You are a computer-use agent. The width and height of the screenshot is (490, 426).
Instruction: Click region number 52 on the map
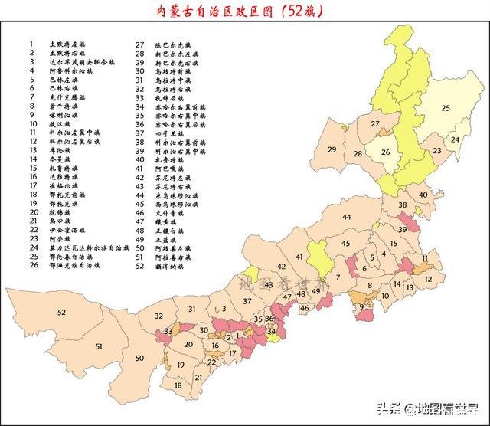pyautogui.click(x=61, y=313)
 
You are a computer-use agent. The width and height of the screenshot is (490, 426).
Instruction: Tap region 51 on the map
pyautogui.click(x=99, y=347)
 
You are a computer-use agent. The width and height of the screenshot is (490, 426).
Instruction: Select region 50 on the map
pyautogui.click(x=139, y=359)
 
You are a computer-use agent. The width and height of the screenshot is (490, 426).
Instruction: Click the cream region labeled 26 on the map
pyautogui.click(x=386, y=152)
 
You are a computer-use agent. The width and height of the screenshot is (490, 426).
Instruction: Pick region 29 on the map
pyautogui.click(x=332, y=149)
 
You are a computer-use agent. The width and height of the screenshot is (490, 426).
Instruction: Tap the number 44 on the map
pyautogui.click(x=347, y=218)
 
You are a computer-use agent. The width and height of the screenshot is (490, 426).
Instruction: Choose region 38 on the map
pyautogui.click(x=402, y=205)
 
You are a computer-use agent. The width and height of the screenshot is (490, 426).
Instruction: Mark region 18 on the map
pyautogui.click(x=178, y=385)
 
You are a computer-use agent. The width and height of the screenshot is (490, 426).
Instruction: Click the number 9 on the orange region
pyautogui.click(x=361, y=308)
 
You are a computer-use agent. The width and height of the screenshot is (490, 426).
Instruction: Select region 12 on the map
pyautogui.click(x=429, y=279)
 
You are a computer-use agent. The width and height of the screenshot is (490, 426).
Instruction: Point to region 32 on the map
pyautogui.click(x=158, y=316)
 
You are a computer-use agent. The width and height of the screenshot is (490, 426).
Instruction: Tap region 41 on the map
pyautogui.click(x=299, y=257)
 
